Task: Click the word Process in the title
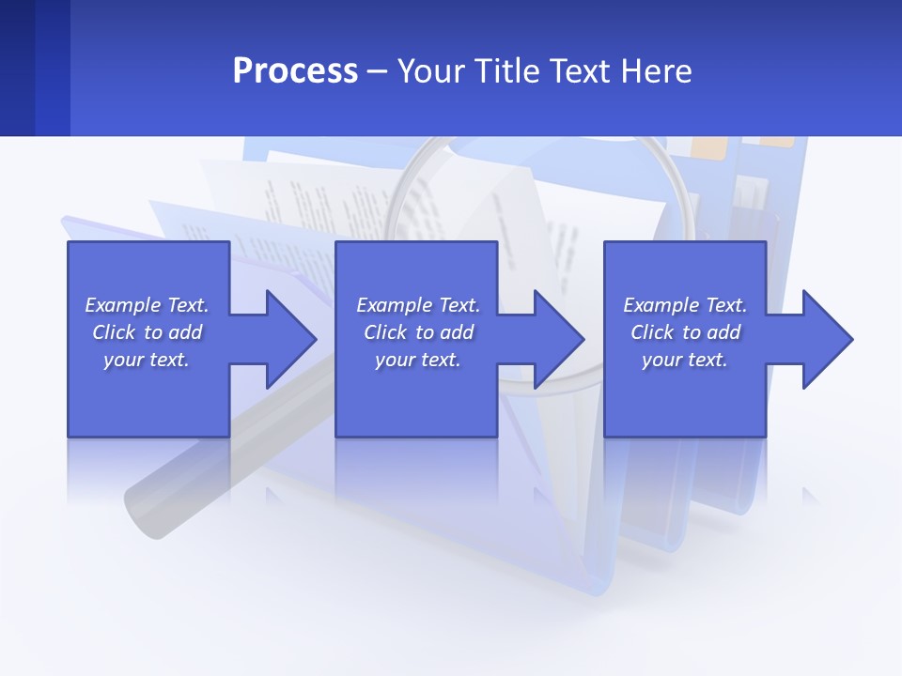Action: pyautogui.click(x=295, y=71)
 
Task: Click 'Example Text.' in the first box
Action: pyautogui.click(x=147, y=305)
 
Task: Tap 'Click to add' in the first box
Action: pyautogui.click(x=147, y=332)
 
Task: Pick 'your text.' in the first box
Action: pyautogui.click(x=147, y=360)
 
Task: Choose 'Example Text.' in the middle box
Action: pyautogui.click(x=418, y=305)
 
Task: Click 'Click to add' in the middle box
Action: pyautogui.click(x=418, y=332)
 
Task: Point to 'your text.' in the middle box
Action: pyautogui.click(x=418, y=360)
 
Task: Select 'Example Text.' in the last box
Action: pyautogui.click(x=685, y=305)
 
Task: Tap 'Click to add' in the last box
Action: pyautogui.click(x=685, y=332)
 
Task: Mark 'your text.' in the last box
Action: pyautogui.click(x=685, y=360)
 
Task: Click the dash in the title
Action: pyautogui.click(x=377, y=71)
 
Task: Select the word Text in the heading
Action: pyautogui.click(x=579, y=71)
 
